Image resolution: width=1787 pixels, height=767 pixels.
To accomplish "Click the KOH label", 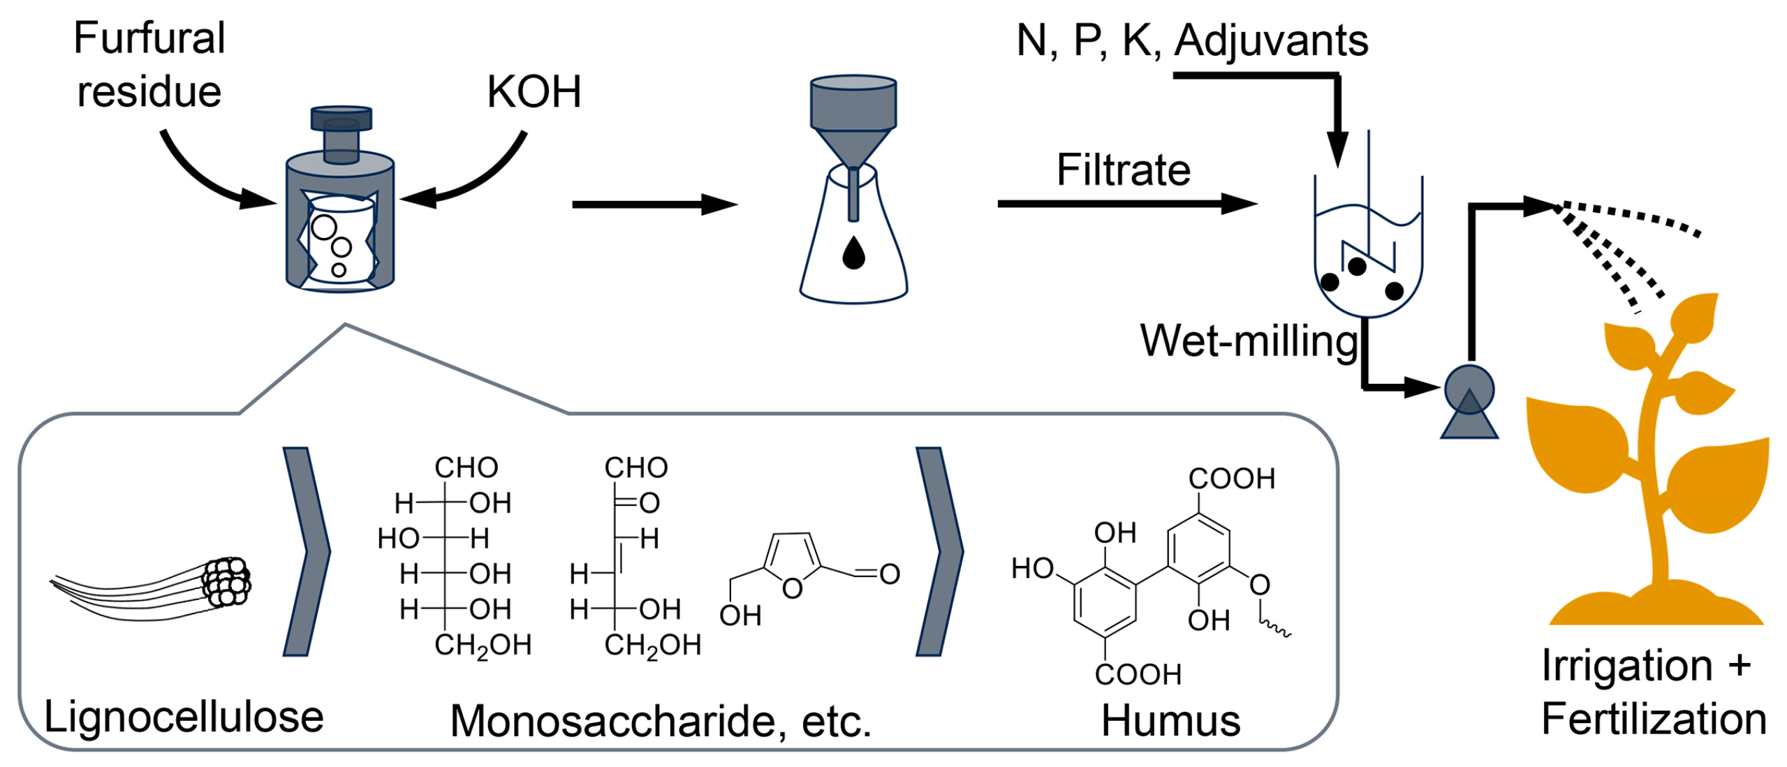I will [534, 92].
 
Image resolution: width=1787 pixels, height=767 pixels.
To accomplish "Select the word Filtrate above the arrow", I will [1123, 170].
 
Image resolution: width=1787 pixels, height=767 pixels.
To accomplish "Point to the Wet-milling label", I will [1249, 341].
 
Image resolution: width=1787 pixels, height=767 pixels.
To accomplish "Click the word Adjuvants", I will [1271, 40].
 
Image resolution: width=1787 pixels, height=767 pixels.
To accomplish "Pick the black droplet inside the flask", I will [853, 253].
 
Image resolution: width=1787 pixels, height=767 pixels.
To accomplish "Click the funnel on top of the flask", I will [853, 119].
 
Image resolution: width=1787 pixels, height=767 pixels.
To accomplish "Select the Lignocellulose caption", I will [184, 717].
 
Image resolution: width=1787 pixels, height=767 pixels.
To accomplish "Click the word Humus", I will [1170, 720].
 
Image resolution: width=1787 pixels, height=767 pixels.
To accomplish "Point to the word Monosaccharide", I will [613, 721].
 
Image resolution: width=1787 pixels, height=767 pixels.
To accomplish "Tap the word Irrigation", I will [1627, 665].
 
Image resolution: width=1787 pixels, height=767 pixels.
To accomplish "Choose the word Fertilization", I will [1654, 719].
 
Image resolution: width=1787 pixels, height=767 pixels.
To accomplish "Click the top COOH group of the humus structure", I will [1232, 479].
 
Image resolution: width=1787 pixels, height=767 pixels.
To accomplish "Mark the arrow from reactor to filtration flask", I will [654, 204].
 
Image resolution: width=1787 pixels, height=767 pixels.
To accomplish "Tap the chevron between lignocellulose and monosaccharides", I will [306, 551].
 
